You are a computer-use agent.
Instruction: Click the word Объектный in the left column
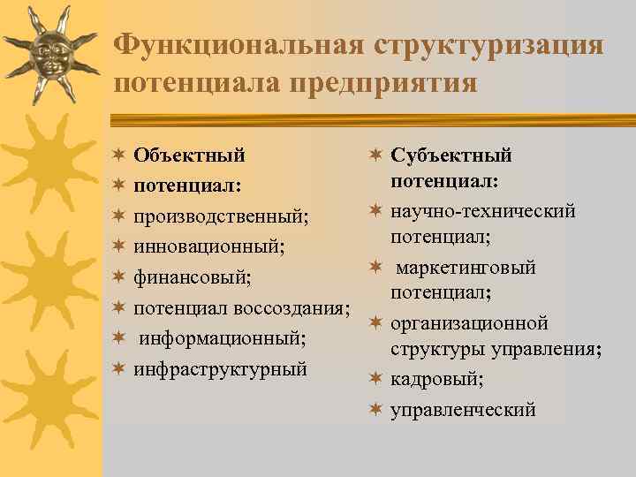[189, 156]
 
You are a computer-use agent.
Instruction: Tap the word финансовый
[193, 278]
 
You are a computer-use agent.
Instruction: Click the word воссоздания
[297, 308]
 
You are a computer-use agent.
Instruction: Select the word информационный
[223, 338]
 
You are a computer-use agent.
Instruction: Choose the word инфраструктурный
[220, 368]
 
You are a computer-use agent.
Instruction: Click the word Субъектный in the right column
[451, 156]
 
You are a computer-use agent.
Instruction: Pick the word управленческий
[463, 410]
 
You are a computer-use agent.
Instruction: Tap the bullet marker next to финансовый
[117, 278]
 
